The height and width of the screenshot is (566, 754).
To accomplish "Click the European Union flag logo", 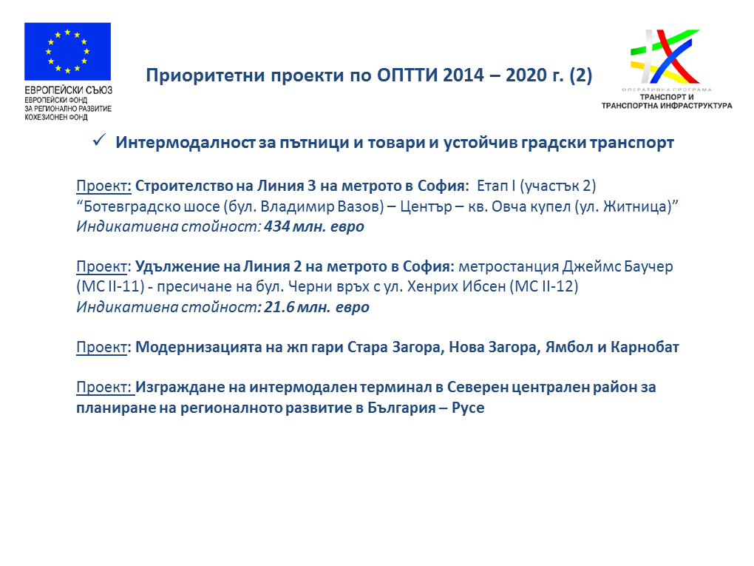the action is click(x=67, y=51).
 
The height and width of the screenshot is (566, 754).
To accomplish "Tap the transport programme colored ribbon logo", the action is click(x=665, y=57).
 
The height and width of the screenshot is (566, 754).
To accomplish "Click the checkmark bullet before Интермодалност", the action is click(x=99, y=140).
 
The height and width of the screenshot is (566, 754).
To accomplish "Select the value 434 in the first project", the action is click(x=276, y=226).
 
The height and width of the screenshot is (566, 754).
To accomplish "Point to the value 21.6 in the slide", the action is click(x=279, y=306).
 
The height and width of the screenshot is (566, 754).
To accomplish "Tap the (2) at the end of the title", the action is click(x=580, y=75).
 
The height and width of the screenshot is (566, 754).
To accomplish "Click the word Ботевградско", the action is click(x=148, y=206).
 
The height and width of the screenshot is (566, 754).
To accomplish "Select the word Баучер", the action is click(x=649, y=266).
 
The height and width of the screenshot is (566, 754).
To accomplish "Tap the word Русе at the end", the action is click(x=468, y=408).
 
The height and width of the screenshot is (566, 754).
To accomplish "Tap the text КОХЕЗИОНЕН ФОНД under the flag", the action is click(x=56, y=117).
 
